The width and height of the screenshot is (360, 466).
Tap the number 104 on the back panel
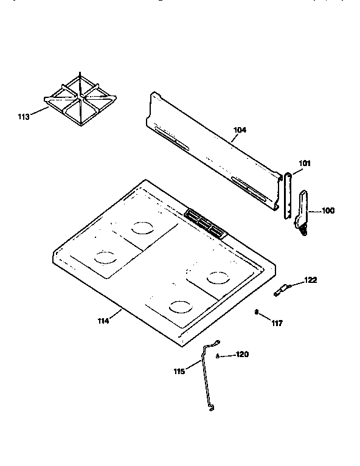tap(240, 130)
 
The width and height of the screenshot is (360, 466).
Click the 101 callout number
tap(305, 162)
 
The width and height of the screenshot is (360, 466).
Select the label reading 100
tap(328, 211)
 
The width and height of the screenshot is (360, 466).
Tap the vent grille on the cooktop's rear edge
tap(205, 222)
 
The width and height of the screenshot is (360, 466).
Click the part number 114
tap(103, 320)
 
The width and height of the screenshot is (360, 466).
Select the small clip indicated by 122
tap(282, 290)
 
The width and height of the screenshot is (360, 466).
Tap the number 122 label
tap(311, 280)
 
